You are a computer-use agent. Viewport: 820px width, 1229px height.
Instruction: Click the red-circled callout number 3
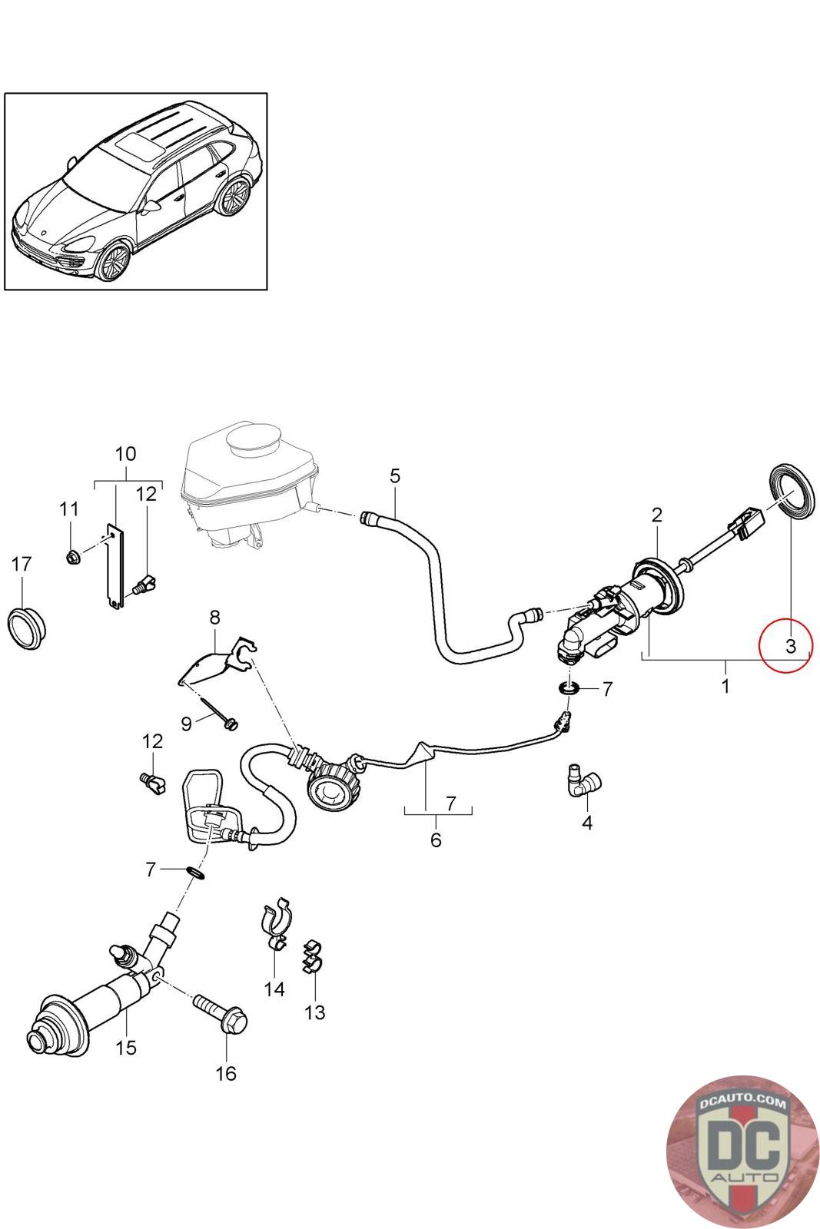tap(790, 646)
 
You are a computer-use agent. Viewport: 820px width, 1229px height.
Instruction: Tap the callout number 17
tap(22, 565)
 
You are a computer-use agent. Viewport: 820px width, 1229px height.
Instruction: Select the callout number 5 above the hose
tap(394, 475)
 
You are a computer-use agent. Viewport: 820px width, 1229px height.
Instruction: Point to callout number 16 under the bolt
tap(226, 1073)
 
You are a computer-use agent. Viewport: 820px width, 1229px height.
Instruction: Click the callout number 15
tap(126, 1046)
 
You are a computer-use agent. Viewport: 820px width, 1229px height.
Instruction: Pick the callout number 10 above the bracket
tap(126, 453)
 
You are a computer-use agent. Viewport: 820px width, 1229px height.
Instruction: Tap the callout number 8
tap(214, 617)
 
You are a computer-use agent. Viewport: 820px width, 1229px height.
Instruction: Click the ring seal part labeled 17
tap(26, 624)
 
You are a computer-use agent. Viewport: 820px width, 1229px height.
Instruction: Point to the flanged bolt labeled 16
tap(222, 1013)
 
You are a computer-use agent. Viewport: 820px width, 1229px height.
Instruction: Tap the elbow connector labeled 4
tap(586, 781)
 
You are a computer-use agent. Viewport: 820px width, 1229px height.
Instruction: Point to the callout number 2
tap(657, 514)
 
